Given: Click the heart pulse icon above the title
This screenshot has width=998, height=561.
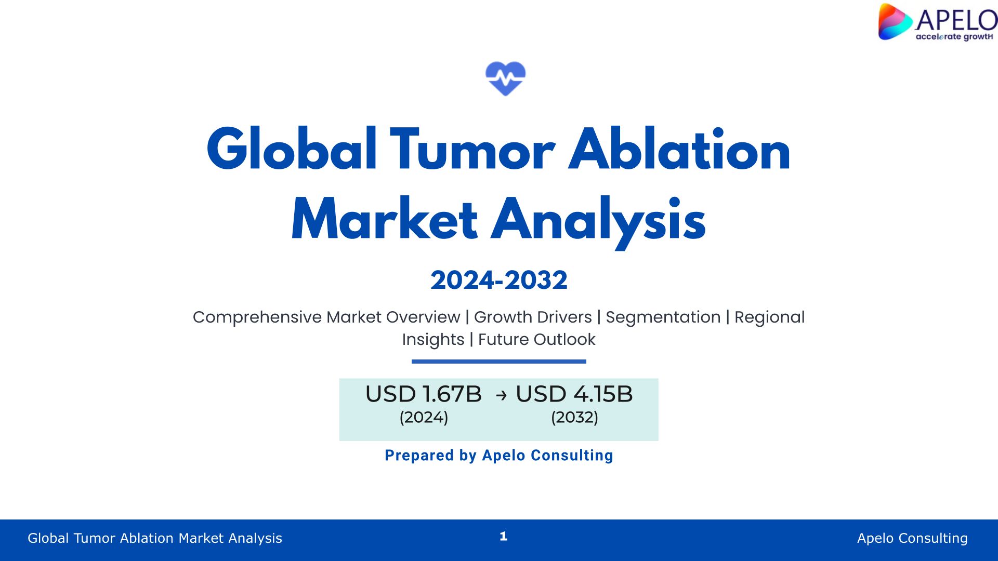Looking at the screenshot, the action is point(505,78).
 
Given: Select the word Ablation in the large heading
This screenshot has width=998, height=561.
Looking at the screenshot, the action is point(679,150).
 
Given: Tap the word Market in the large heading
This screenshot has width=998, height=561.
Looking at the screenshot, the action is point(385,219).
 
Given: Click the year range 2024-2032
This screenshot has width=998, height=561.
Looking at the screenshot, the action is point(499,280).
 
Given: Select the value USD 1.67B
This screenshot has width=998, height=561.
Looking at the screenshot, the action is point(424,394).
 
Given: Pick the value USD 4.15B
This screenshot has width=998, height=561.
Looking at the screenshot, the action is point(574,394).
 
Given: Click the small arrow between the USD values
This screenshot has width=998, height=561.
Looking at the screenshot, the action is point(501,396).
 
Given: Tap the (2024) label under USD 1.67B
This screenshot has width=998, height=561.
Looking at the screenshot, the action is point(424,417).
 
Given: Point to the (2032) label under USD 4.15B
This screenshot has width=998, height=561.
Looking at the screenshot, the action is point(574,417).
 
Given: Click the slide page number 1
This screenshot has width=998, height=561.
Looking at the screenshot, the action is point(503,536).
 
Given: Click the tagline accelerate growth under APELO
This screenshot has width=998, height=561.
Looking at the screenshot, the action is point(954,37).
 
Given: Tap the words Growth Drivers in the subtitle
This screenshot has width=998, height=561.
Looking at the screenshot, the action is point(533,317).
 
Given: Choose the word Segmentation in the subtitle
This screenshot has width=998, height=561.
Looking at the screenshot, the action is point(663,317).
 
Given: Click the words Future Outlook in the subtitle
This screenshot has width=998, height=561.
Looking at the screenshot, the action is point(536,339).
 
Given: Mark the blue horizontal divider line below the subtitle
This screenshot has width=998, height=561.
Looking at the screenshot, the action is point(499,362).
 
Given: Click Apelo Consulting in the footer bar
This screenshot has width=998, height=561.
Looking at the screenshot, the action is point(912,538).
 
